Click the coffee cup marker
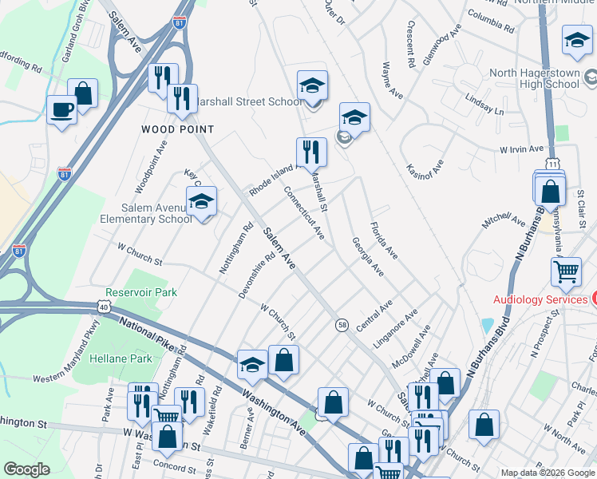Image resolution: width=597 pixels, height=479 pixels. [61, 109]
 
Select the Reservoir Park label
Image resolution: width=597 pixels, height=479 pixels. [141, 293]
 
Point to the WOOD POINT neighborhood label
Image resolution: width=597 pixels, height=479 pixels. [178, 129]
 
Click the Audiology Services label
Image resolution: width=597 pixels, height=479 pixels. [540, 299]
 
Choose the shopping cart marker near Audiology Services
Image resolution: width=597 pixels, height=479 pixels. [566, 271]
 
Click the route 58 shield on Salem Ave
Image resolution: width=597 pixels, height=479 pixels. [342, 324]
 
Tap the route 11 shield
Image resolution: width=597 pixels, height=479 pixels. [552, 164]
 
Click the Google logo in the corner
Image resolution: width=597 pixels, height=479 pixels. [26, 469]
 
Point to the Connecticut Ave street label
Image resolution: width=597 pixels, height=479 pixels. [304, 213]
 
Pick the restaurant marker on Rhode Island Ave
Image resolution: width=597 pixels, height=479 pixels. [311, 150]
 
